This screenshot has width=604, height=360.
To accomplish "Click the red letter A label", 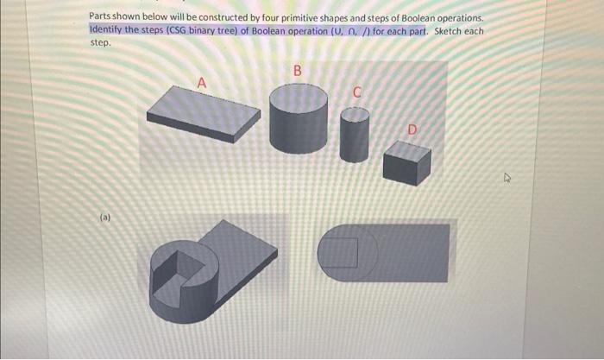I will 202,83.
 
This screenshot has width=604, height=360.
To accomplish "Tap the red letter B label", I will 298,71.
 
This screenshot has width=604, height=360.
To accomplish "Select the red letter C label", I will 355,92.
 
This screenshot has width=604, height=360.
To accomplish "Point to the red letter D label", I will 412,129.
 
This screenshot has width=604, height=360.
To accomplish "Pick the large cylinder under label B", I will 299,121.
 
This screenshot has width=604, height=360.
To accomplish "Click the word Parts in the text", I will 102,16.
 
